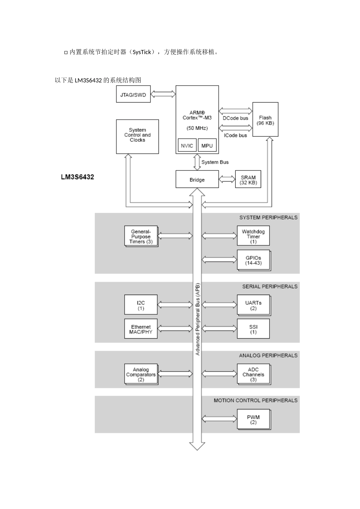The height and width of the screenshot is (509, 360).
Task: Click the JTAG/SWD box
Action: tap(133, 95)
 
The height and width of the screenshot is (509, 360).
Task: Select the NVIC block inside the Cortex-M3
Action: tap(187, 146)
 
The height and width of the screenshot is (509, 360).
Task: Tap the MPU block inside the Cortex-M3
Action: tap(207, 146)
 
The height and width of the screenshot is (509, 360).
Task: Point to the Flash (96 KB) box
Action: tap(265, 120)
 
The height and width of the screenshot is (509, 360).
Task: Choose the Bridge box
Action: tap(197, 180)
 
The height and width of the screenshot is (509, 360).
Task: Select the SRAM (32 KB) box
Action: tap(248, 180)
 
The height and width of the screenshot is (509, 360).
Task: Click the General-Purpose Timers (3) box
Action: tap(141, 236)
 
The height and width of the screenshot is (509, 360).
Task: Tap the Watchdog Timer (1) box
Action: tap(253, 236)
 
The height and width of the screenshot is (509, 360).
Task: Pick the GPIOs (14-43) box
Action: tap(253, 260)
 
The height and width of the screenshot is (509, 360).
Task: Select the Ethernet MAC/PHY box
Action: tap(141, 329)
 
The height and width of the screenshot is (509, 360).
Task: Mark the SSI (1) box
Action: tap(253, 329)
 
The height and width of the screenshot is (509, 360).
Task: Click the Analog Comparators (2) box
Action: tap(141, 374)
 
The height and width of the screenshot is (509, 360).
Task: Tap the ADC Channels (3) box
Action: tap(253, 374)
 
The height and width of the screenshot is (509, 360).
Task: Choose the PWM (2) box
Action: tap(253, 419)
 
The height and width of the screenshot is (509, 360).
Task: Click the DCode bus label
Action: tap(235, 118)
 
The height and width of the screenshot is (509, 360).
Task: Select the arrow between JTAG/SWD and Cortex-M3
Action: tap(163, 93)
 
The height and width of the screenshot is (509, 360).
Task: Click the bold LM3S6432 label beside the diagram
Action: tap(77, 177)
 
